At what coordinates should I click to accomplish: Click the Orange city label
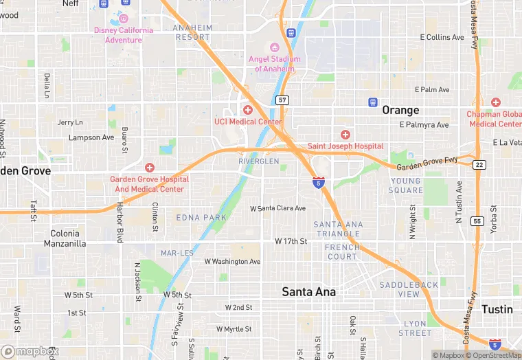[x=400, y=110]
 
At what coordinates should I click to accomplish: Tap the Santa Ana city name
[x=309, y=292]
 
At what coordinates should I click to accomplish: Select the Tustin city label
[x=497, y=309]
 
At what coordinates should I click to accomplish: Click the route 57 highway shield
[x=283, y=100]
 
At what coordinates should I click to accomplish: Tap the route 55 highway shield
[x=477, y=221]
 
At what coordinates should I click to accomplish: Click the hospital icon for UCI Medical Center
[x=248, y=110]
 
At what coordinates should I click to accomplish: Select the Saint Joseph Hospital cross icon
[x=345, y=134]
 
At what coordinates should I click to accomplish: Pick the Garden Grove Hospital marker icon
[x=149, y=168]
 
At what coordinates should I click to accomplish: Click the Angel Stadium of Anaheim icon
[x=275, y=47]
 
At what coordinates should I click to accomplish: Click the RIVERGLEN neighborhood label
[x=259, y=161]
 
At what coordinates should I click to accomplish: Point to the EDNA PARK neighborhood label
[x=201, y=217]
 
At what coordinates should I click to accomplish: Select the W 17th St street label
[x=291, y=241]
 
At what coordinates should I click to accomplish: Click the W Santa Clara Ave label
[x=277, y=207]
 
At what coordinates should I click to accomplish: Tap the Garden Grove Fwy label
[x=427, y=164]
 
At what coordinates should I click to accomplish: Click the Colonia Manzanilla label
[x=65, y=238]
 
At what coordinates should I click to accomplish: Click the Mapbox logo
[x=30, y=351]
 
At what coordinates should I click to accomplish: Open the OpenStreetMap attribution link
[x=494, y=355]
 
